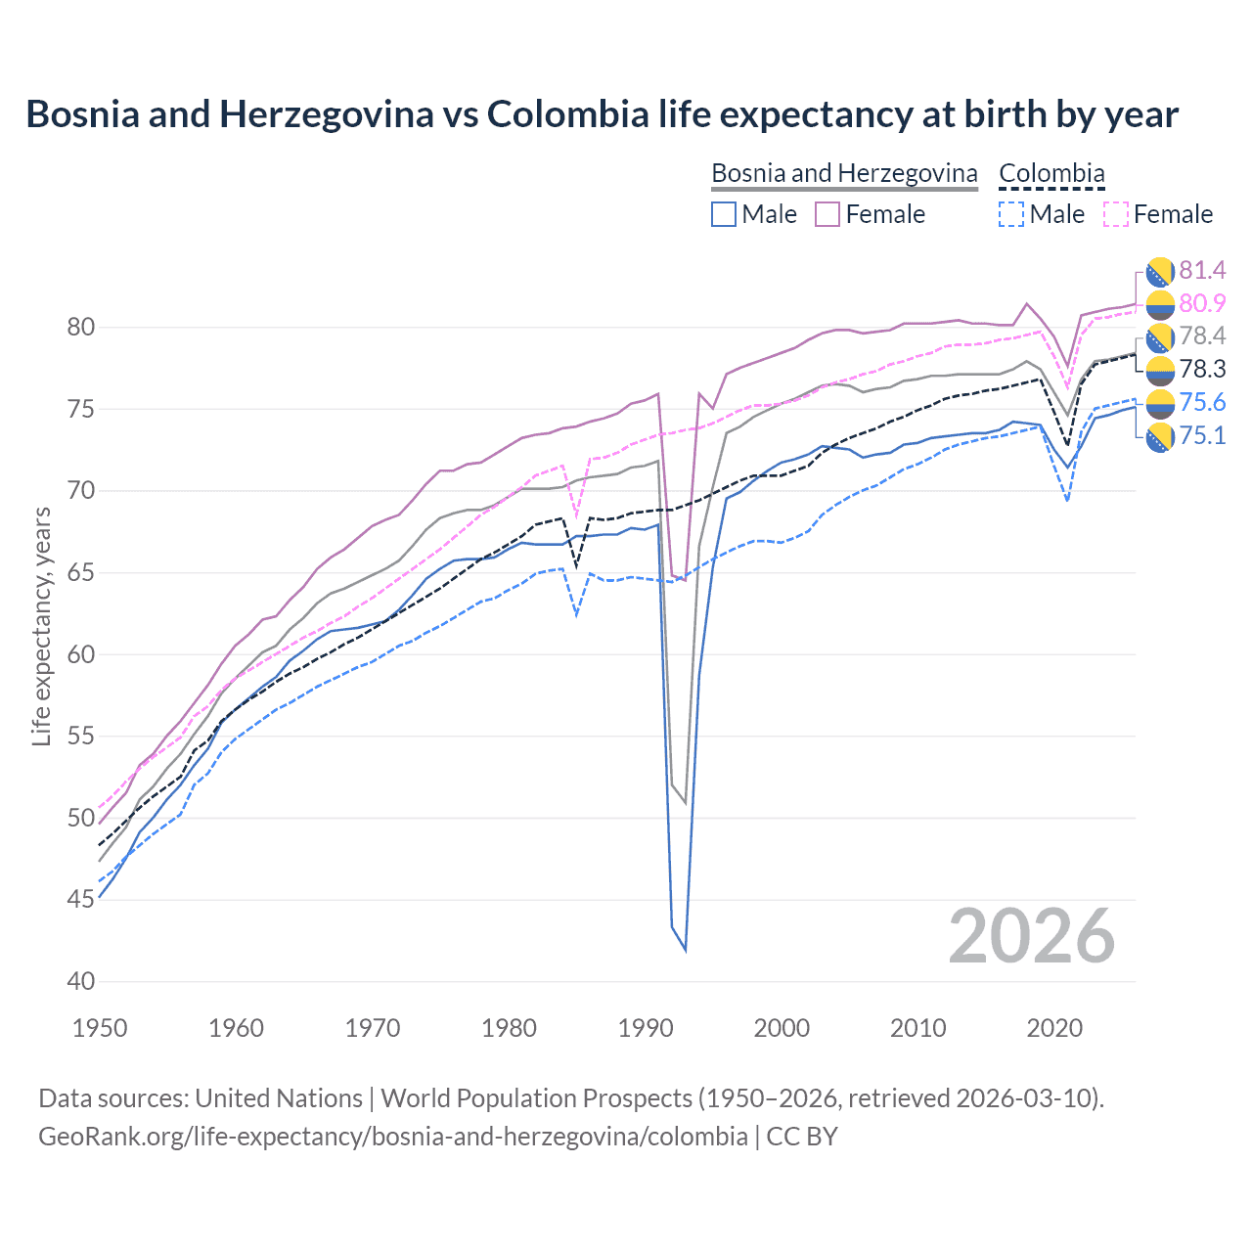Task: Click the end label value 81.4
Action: point(1202,270)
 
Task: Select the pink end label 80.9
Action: point(1202,303)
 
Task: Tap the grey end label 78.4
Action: point(1202,336)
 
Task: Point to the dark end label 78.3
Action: point(1202,370)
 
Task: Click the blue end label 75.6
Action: point(1202,403)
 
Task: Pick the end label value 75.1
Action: point(1202,436)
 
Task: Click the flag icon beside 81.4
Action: point(1160,271)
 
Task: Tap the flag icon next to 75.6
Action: point(1160,404)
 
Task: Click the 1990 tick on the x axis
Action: point(646,1028)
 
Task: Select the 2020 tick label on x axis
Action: point(1054,1028)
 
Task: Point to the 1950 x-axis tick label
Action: point(100,1028)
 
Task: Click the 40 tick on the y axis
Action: point(81,981)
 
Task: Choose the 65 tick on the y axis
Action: point(81,572)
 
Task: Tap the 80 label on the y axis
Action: point(81,328)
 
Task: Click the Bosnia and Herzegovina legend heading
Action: point(844,173)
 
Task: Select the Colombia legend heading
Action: point(1051,173)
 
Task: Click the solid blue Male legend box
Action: point(724,214)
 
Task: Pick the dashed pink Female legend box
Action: point(1116,214)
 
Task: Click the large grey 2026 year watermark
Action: point(1032,936)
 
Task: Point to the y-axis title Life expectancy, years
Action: point(41,626)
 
